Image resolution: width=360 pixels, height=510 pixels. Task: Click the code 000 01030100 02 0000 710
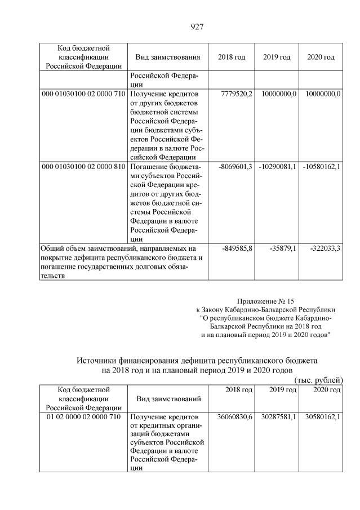pos(83,94)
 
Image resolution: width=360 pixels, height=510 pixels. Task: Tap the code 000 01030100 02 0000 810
pos(83,167)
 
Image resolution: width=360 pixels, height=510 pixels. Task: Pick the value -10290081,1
pos(278,167)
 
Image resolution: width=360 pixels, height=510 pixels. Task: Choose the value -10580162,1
pos(321,167)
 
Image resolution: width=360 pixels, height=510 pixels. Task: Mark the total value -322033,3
pos(323,248)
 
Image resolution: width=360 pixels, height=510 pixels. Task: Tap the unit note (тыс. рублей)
pos(318,380)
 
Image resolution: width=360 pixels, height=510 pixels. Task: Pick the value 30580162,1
pos(321,416)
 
